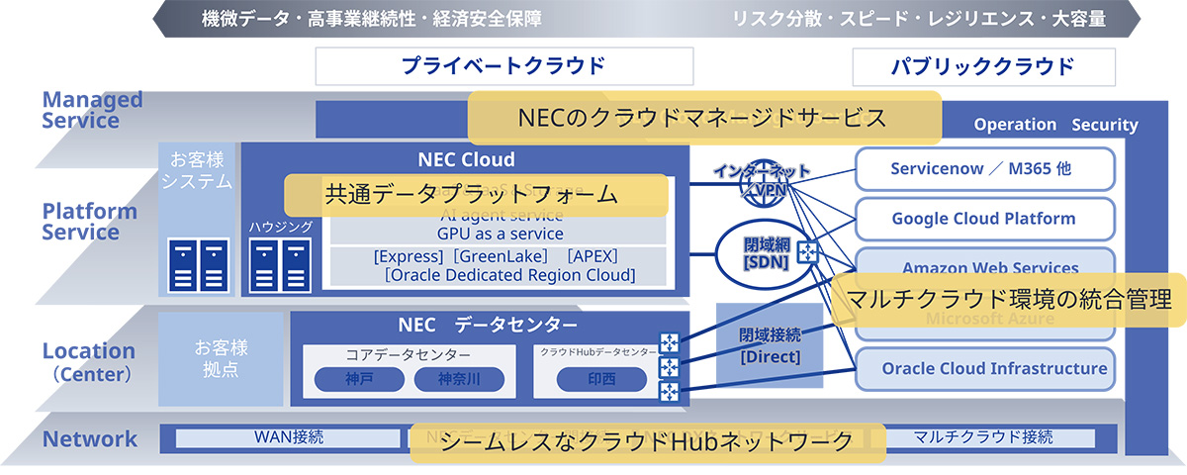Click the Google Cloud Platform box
point(983,219)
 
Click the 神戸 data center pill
point(359,379)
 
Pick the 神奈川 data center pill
point(458,379)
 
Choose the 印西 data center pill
point(601,379)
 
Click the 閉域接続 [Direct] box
point(770,343)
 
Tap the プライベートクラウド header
point(502,66)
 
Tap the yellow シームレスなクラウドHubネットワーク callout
point(647,441)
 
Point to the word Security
point(1105,125)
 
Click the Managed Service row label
point(93,110)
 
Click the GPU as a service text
point(499,234)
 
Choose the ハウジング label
point(281,227)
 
